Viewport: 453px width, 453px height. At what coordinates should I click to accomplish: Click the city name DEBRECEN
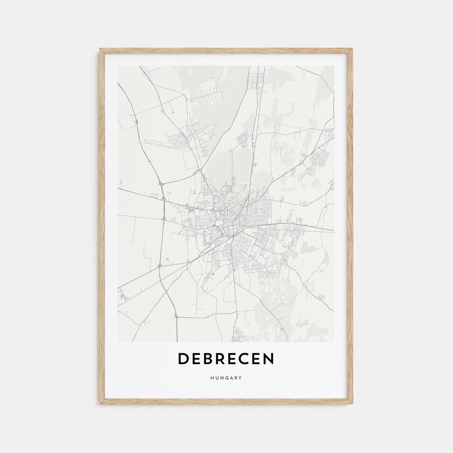(x=226, y=359)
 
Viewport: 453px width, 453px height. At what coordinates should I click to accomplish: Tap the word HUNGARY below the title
(x=226, y=378)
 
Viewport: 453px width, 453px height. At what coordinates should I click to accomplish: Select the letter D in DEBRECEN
(x=183, y=359)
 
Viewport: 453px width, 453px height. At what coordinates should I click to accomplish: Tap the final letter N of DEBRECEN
(x=268, y=359)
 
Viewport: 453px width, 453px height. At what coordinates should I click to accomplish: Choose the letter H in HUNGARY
(x=213, y=378)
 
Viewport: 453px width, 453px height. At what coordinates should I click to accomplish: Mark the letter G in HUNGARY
(x=226, y=378)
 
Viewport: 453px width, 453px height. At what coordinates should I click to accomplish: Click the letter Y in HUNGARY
(x=240, y=378)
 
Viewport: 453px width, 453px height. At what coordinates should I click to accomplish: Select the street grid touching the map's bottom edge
(x=240, y=335)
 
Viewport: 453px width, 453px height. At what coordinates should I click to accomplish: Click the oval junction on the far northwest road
(x=136, y=122)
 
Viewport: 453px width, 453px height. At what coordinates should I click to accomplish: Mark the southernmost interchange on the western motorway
(x=176, y=315)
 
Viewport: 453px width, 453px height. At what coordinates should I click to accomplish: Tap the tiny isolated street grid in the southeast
(x=321, y=297)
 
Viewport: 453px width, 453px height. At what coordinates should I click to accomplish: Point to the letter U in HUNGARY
(x=217, y=378)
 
